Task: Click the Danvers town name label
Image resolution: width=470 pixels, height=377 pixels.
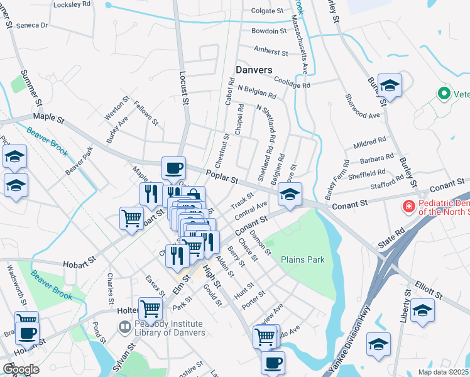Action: click(254, 69)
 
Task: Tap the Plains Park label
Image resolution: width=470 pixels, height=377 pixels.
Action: click(301, 259)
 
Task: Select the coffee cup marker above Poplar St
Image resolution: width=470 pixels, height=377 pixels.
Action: click(174, 168)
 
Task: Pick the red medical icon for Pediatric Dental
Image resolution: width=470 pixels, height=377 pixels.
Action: click(408, 205)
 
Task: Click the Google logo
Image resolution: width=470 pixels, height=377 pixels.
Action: click(21, 369)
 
